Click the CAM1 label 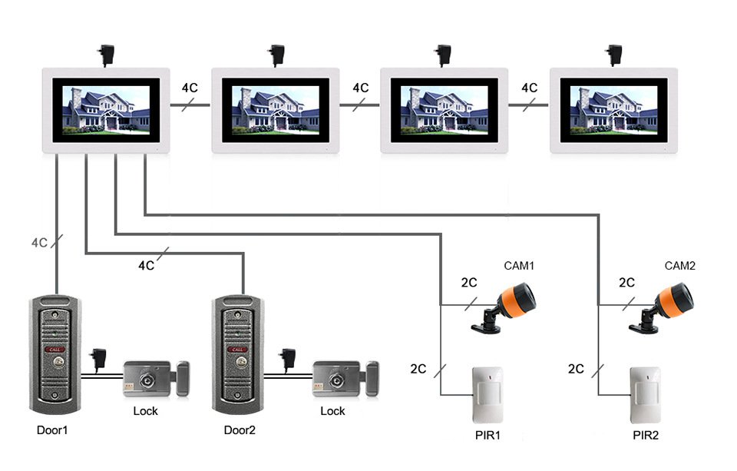(x=518, y=266)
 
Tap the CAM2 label (x=679, y=266)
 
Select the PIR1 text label (x=487, y=436)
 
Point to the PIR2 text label (x=646, y=436)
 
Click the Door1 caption (x=52, y=430)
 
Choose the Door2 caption (x=240, y=430)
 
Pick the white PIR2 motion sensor (x=646, y=394)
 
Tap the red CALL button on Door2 (x=238, y=350)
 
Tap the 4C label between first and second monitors (x=190, y=88)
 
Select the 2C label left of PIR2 (x=576, y=369)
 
